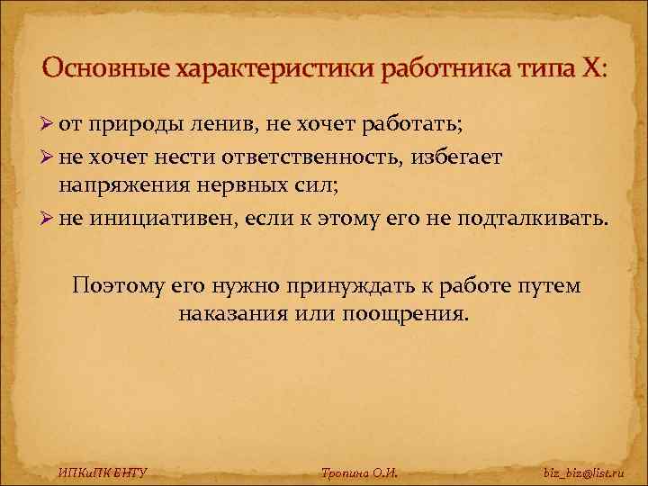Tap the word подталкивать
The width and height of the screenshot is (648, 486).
click(532, 220)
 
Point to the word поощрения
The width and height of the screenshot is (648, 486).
click(409, 315)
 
